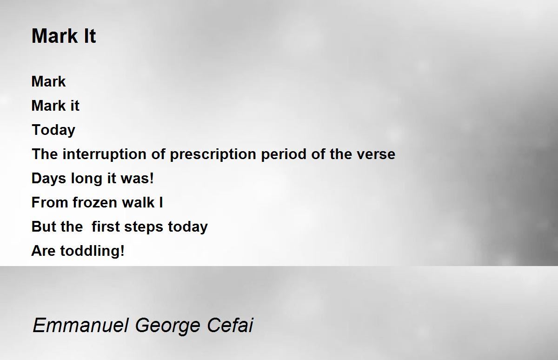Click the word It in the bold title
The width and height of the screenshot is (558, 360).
(90, 36)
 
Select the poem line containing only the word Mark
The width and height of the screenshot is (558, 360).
(48, 81)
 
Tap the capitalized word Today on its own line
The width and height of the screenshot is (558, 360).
(53, 130)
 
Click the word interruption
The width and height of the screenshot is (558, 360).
(104, 154)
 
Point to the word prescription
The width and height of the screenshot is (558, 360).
(213, 154)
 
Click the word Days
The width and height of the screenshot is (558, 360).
(49, 179)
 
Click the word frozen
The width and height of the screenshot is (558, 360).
(95, 202)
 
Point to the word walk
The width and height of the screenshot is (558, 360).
(138, 202)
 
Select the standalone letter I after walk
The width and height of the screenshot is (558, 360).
(161, 202)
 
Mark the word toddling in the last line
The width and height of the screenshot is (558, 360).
(92, 251)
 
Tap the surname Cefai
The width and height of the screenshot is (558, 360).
(230, 325)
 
